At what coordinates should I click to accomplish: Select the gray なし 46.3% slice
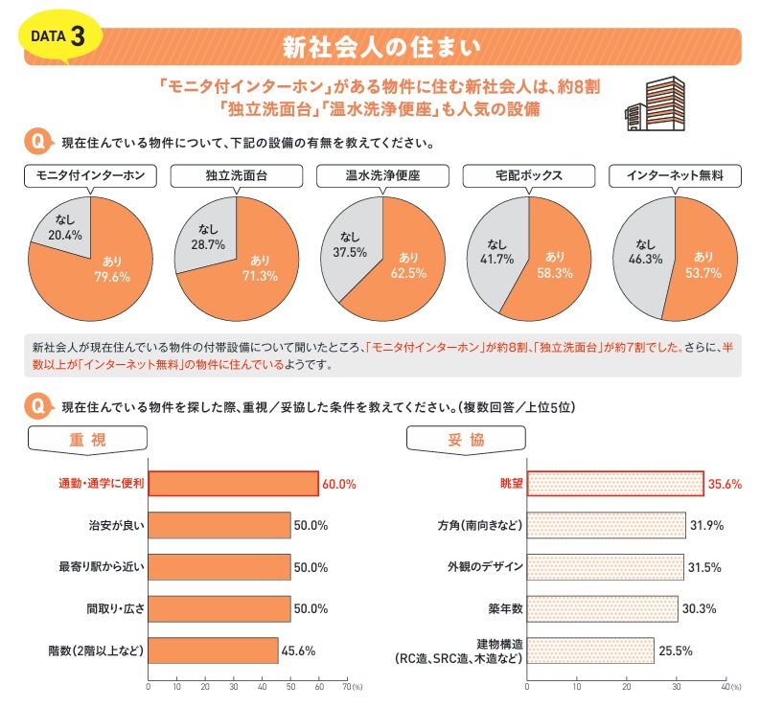644,254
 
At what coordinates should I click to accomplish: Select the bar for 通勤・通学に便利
233,484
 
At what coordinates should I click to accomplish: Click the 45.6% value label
299,651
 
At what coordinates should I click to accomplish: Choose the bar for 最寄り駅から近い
219,567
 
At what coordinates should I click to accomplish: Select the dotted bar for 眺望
615,484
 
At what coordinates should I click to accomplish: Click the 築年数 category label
504,608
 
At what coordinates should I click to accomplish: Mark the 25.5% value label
675,651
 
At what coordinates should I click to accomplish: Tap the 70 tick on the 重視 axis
346,687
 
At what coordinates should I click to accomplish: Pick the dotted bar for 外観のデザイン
606,567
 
